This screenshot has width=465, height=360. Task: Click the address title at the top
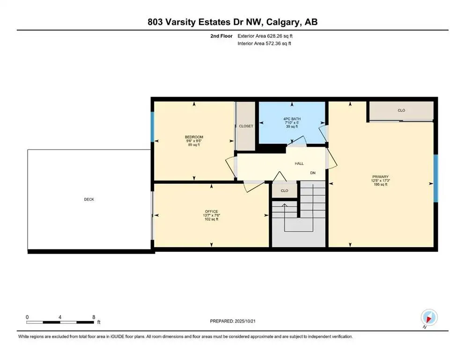[232, 22]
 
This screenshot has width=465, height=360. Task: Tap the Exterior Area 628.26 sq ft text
[266, 36]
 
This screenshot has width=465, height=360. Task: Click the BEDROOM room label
[194, 137]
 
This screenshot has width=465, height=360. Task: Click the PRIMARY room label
[381, 177]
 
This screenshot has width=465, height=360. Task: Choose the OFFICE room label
[212, 211]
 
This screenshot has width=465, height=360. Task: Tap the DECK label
[89, 200]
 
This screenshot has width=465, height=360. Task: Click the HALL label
[299, 164]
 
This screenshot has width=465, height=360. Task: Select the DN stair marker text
[313, 173]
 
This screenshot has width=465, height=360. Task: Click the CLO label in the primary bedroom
[401, 111]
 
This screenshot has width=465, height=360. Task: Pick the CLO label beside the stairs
[284, 191]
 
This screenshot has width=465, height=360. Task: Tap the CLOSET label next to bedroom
[246, 126]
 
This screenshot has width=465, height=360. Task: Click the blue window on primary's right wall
[435, 178]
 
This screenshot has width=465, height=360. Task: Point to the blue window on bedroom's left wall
[152, 127]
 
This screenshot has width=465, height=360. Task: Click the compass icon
[429, 317]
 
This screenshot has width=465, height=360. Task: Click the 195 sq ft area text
[381, 185]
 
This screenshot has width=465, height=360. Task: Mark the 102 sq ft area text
[212, 219]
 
